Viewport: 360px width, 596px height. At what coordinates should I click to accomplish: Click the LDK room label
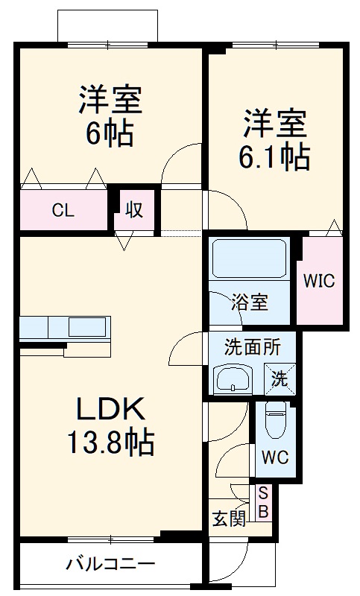pos(110,410)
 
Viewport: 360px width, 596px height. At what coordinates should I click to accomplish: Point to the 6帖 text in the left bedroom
pos(110,134)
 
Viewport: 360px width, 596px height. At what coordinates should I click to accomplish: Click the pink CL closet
pos(63,210)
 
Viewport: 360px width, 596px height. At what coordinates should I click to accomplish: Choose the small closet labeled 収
pos(134,210)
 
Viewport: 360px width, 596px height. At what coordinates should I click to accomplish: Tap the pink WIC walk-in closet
pos(320,281)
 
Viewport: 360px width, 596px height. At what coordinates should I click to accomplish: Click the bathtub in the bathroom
pos(250,259)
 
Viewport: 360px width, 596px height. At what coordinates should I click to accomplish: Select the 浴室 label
pos(249,302)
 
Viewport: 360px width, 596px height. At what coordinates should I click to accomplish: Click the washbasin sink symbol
pos(235,379)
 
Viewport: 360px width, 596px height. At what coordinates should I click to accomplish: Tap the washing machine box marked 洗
pos(279,378)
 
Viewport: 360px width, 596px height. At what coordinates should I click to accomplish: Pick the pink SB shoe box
pos(263,503)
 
